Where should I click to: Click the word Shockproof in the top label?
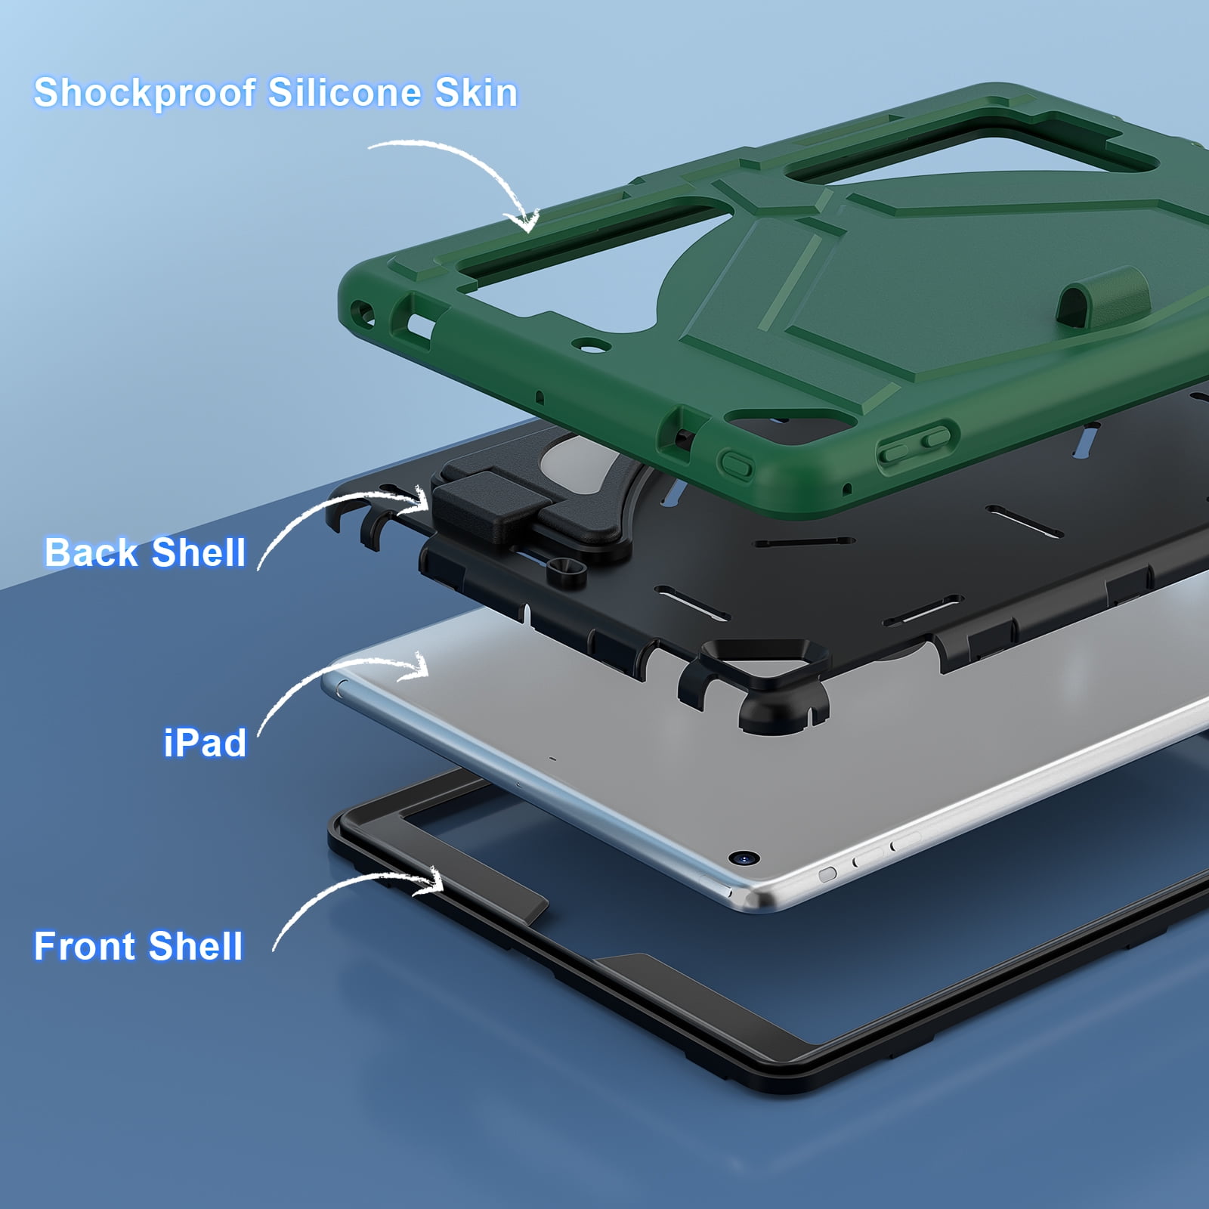tap(145, 94)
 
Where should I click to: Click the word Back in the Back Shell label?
tap(91, 552)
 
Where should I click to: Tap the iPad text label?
tap(206, 743)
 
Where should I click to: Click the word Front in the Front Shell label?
tap(85, 946)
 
